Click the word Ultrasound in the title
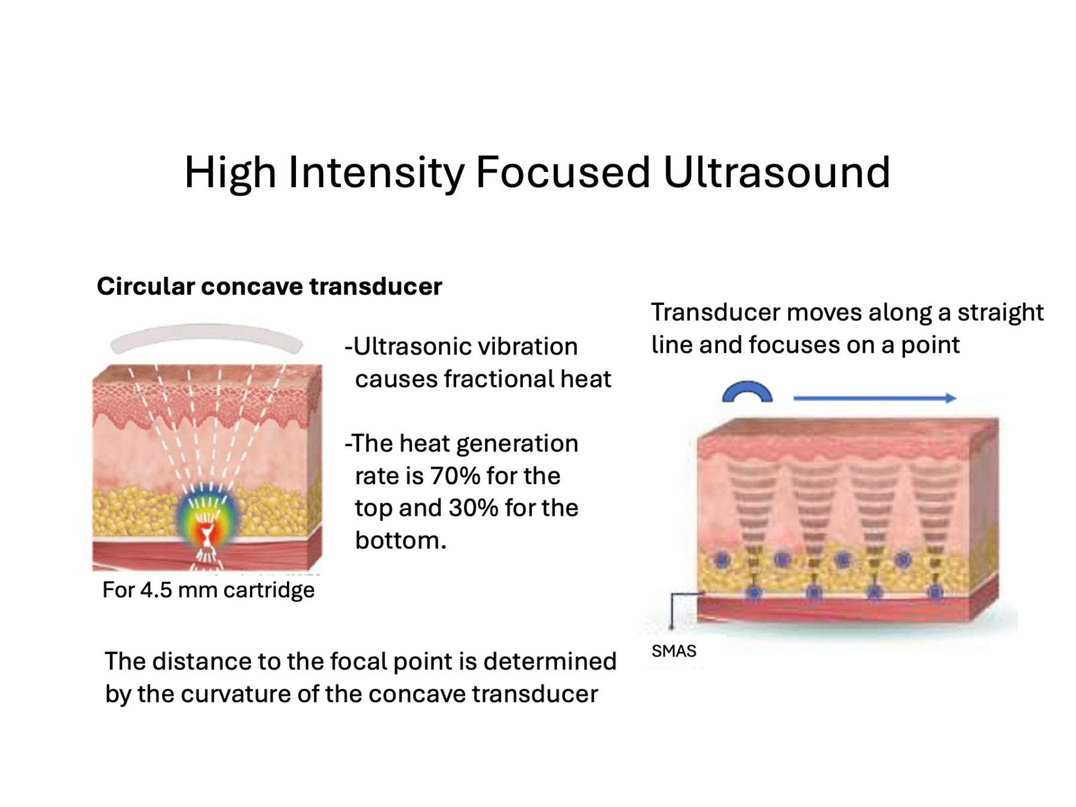point(777,173)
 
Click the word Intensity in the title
point(376,173)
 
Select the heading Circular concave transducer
point(269,286)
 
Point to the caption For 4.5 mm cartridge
point(208,590)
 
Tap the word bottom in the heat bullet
point(399,540)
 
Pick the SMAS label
point(674,651)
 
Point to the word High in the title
point(230,173)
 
